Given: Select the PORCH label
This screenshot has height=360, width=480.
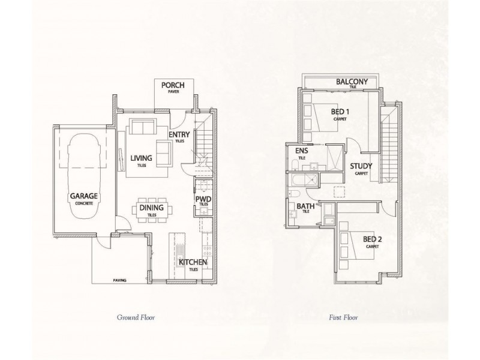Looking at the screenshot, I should point(173,86).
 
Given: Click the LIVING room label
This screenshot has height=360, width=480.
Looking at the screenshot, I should point(142,158).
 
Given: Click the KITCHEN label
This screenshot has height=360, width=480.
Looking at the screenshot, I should point(193,262).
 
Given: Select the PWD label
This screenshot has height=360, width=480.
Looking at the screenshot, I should point(203,199).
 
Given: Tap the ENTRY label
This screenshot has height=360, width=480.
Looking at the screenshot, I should point(179,136).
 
